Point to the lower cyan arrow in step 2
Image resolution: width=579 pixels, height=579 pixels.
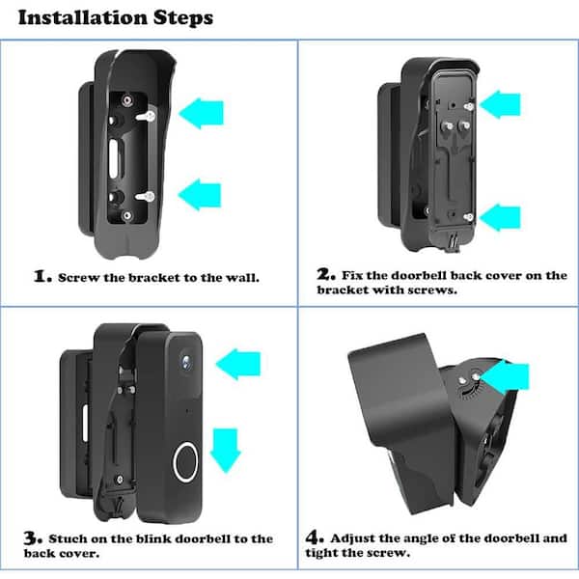500,218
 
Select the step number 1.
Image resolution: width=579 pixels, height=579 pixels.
42,276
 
